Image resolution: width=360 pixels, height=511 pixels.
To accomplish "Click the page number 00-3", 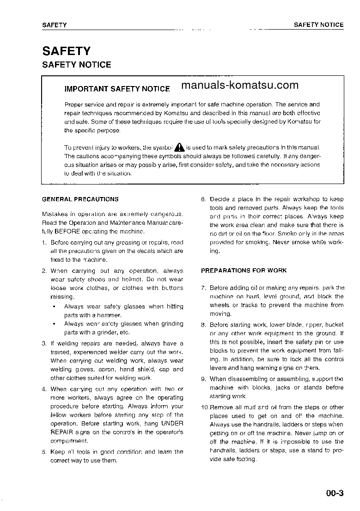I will point(335,493).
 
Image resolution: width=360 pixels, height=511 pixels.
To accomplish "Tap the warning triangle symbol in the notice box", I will point(179,148).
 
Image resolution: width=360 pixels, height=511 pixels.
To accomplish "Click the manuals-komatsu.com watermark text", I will point(240,85).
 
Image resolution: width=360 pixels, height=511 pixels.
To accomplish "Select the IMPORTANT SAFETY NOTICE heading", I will point(117,88).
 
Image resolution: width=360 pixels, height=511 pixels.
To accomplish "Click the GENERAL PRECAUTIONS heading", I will point(80,199).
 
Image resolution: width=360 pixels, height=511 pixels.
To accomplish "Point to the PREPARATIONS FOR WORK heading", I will point(244,271).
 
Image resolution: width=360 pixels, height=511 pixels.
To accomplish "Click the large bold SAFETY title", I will point(66,51).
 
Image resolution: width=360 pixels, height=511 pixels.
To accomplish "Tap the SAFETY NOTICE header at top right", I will point(318,25).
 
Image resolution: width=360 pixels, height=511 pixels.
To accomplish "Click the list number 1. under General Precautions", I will point(44,242).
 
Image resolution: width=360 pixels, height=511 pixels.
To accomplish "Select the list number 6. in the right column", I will point(203,199).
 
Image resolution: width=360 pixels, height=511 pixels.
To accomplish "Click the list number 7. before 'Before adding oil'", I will point(203,288).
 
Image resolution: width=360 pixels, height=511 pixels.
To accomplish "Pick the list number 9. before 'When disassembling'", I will point(203,379).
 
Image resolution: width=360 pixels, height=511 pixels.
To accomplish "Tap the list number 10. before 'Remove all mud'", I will point(205,407).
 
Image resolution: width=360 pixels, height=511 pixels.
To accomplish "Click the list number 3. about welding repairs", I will point(44,344).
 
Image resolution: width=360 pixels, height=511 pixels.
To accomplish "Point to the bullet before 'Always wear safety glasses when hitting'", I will point(55,307).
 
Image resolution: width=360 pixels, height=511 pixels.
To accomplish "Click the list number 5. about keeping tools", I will point(44,452).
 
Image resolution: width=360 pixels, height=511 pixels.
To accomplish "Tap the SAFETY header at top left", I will point(55,25).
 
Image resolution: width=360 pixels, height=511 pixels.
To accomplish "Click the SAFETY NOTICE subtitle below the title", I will point(77,65).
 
